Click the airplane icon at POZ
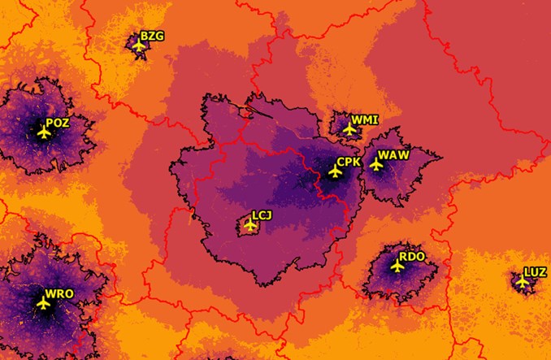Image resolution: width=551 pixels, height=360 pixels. click(x=44, y=132)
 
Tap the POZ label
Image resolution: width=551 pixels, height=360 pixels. click(x=58, y=124)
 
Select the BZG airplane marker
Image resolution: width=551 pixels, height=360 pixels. click(x=139, y=45)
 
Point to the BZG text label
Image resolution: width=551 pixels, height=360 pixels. click(x=151, y=36)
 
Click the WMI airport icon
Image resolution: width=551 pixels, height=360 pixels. click(x=349, y=128)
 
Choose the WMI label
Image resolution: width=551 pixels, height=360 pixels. click(x=365, y=120)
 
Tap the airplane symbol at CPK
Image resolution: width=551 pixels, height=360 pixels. click(x=334, y=171)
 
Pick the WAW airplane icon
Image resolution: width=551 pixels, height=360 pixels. click(x=376, y=163)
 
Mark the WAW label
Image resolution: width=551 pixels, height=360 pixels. click(x=393, y=155)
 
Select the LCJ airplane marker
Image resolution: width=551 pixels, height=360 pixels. click(x=251, y=224)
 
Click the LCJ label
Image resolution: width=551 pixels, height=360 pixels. click(x=262, y=215)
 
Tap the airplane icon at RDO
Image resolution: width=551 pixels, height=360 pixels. click(x=397, y=265)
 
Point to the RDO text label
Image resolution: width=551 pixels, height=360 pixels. click(x=412, y=257)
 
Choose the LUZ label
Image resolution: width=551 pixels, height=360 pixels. click(x=536, y=272)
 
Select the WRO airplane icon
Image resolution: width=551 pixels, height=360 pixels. click(x=44, y=302)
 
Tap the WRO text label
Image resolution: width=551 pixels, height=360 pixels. click(x=59, y=293)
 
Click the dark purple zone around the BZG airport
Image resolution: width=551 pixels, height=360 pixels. click(x=131, y=41)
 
